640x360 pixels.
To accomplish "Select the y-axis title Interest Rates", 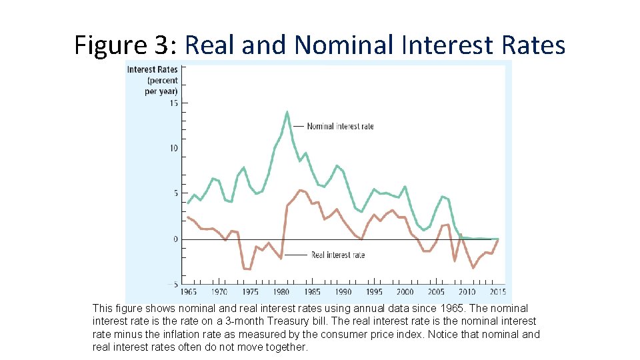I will tap(152, 69).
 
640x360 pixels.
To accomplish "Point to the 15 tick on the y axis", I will tap(174, 103).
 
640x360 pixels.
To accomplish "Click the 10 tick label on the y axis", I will tap(174, 148).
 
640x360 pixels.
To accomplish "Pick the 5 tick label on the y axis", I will tap(176, 193).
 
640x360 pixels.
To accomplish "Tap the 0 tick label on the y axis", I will tap(176, 239).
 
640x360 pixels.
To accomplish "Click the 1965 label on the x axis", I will tap(189, 291).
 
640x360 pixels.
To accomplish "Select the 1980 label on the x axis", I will tap(281, 291).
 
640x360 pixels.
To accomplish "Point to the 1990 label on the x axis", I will tap(343, 291).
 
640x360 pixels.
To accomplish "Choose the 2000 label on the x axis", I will tap(405, 291).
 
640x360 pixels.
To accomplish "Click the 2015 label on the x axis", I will tap(497, 291).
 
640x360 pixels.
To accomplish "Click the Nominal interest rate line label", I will tap(340, 126).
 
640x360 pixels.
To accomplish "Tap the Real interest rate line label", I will tap(338, 255).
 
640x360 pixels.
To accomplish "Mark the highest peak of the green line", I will tap(287, 112).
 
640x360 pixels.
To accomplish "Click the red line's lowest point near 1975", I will tap(247, 269).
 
